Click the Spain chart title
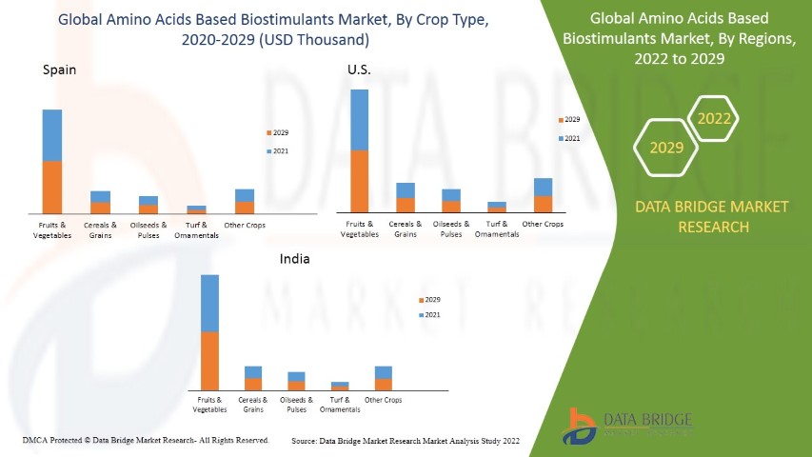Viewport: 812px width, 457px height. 59,70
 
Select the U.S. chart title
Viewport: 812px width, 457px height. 359,70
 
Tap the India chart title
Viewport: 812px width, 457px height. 294,258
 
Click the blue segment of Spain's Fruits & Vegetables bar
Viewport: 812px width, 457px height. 52,135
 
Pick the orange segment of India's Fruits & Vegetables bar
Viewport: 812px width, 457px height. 209,361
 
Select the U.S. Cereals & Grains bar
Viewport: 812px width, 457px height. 406,197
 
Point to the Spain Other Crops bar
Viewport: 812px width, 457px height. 245,201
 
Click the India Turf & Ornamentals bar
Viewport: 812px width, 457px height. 340,386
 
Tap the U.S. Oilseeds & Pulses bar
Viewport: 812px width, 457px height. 451,200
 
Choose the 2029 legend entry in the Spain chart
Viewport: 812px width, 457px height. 280,133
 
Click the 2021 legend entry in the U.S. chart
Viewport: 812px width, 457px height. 571,138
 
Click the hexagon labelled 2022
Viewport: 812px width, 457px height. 713,119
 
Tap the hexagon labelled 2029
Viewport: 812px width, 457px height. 666,149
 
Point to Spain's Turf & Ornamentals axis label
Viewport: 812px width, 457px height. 197,229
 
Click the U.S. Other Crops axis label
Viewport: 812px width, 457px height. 543,224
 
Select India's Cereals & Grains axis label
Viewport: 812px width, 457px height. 253,405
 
